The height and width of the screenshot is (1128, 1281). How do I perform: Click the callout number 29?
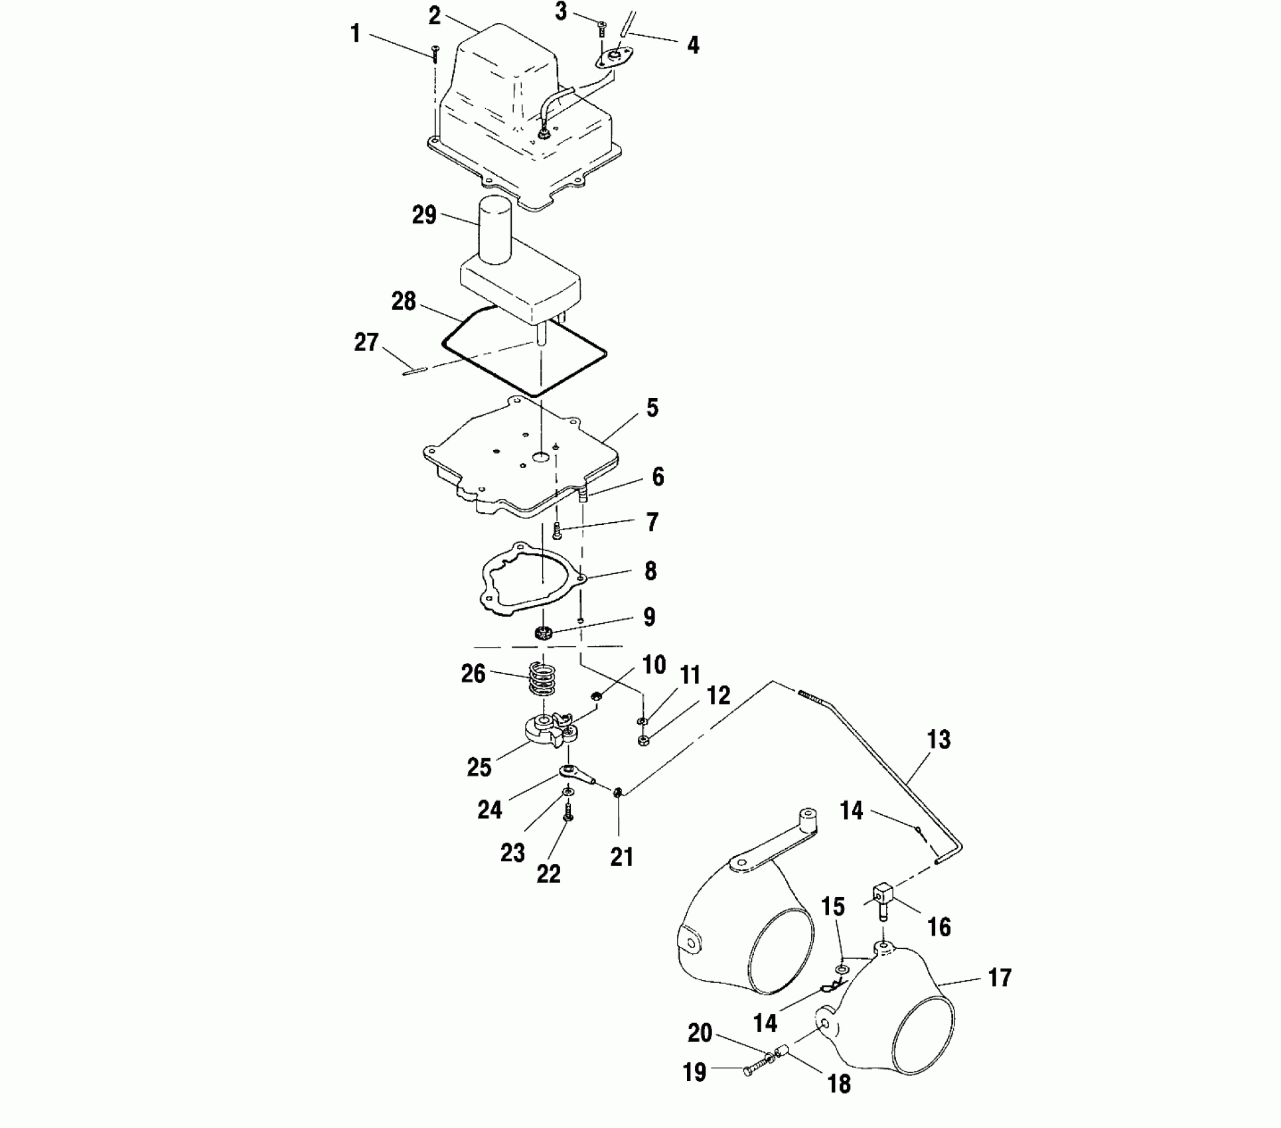(x=424, y=215)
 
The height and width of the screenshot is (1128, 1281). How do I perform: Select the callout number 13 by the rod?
(x=939, y=740)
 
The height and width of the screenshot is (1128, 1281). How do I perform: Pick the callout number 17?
(x=1000, y=978)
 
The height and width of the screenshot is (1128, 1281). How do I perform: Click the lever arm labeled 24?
(x=575, y=774)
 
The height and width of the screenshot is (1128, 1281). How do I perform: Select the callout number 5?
(x=652, y=408)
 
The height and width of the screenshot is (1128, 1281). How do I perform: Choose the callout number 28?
(x=404, y=301)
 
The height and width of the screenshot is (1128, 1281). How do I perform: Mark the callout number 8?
(x=650, y=571)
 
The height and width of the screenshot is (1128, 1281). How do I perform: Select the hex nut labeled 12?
(x=642, y=740)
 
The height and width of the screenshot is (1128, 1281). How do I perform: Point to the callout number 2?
(x=435, y=16)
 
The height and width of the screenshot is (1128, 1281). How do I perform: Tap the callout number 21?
(x=622, y=857)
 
